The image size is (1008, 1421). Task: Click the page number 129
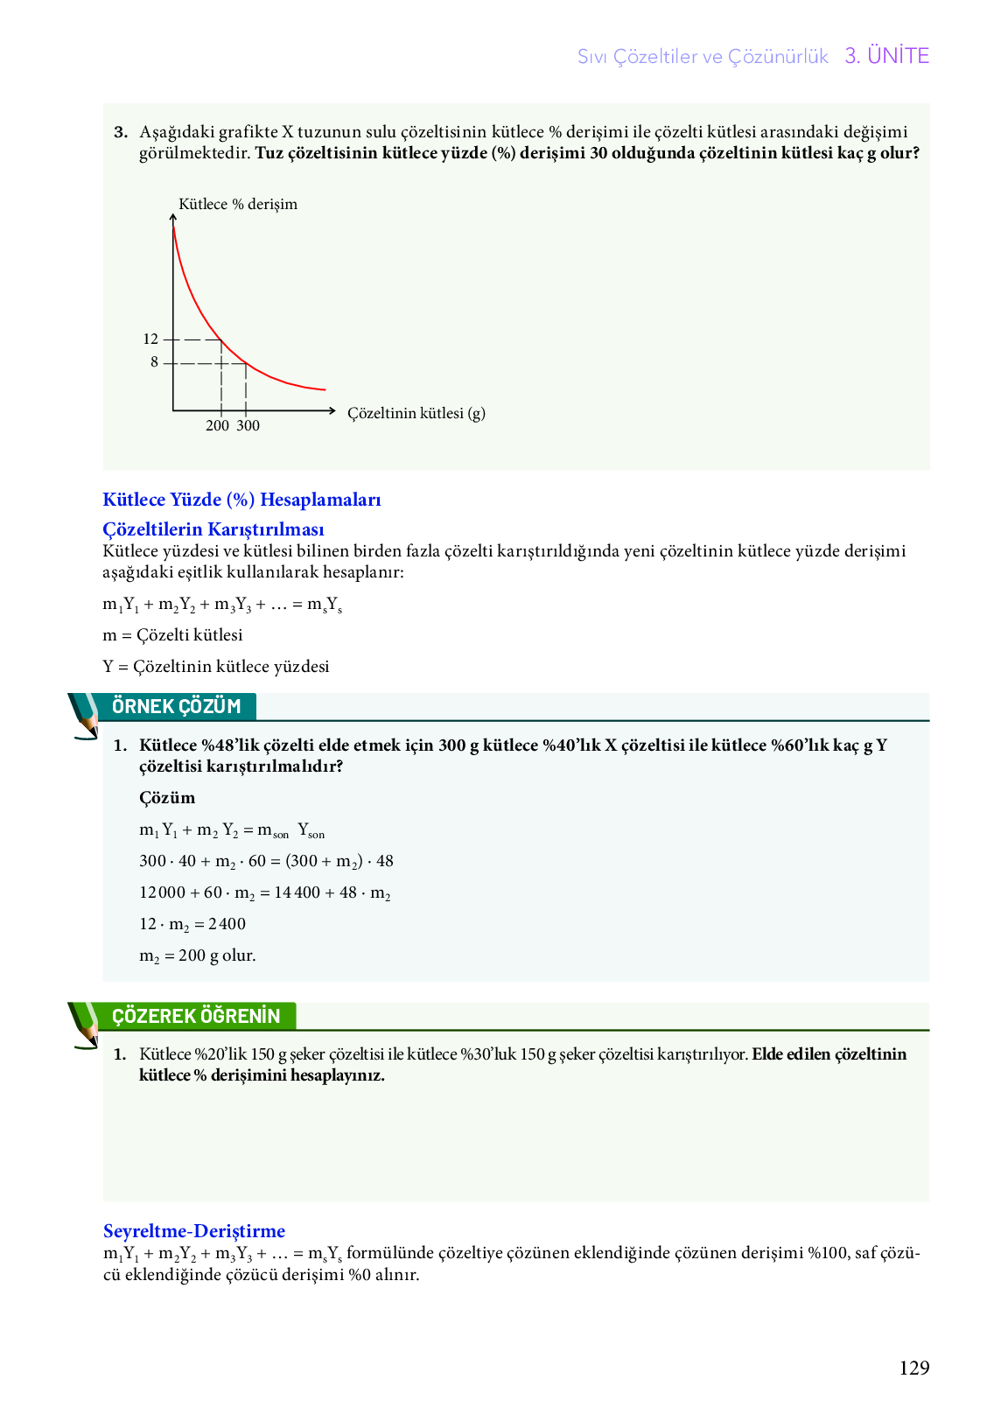click(913, 1368)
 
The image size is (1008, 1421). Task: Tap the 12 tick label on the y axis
click(150, 339)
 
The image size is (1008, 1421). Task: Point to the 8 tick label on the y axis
click(154, 362)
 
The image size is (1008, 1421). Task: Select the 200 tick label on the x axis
click(217, 426)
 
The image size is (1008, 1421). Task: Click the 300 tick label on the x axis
click(248, 426)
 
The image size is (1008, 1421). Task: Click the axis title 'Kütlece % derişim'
click(238, 205)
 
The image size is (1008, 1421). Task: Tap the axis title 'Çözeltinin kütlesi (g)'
click(416, 413)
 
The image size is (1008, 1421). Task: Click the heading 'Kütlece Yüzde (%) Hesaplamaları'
click(241, 500)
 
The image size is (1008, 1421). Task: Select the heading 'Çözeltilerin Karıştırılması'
click(213, 529)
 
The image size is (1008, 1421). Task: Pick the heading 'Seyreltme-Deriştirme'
click(194, 1231)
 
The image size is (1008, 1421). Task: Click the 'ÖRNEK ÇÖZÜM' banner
click(177, 706)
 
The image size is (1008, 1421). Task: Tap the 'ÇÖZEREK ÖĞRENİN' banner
click(196, 1016)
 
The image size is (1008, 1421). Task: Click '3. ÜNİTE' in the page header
click(886, 56)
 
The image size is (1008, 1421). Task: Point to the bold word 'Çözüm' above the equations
click(167, 798)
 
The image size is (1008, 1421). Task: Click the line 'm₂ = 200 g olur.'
click(198, 955)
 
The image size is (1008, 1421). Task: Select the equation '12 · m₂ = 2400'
click(192, 924)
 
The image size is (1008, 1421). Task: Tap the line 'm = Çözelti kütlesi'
click(172, 635)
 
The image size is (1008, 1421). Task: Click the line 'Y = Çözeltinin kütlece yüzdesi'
click(216, 667)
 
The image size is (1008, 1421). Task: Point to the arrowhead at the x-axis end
click(332, 410)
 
